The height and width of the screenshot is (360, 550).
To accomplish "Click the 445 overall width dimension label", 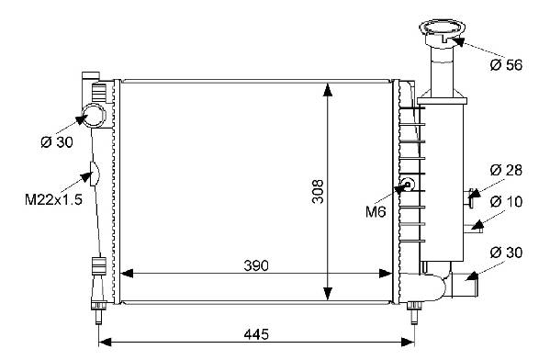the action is coord(256,334).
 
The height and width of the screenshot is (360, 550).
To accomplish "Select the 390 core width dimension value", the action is coord(256,265).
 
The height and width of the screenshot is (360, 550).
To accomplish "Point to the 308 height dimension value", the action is coord(318,192).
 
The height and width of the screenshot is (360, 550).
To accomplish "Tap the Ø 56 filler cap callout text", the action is coord(506,65).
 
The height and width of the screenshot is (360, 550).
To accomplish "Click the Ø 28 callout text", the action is coord(506,170).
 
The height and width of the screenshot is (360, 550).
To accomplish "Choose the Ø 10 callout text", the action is coord(506,202).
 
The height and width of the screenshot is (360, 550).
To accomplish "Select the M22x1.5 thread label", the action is coord(53,199).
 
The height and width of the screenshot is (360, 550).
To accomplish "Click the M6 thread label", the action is coord(376,211).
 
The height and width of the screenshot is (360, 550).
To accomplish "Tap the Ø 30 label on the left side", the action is coord(57,142).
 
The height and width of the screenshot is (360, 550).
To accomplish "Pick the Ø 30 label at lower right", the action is coord(506,253).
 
